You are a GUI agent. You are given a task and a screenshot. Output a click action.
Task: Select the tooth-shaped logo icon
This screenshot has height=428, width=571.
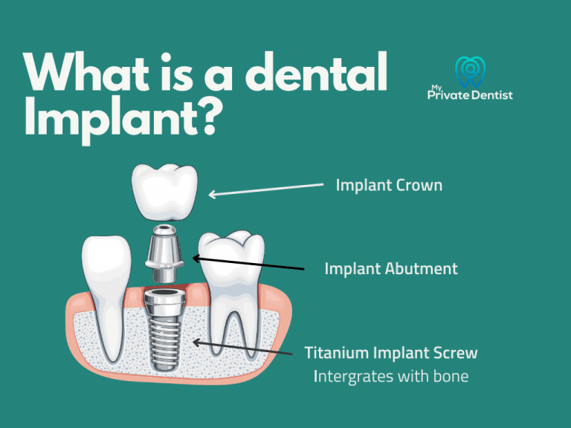click(470, 70)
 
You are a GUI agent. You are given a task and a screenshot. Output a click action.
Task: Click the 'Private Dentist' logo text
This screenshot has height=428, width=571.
click(471, 94)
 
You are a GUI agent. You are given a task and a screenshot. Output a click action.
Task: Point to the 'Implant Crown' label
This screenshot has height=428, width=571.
click(389, 184)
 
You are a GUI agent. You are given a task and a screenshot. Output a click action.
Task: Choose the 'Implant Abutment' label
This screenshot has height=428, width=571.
click(391, 268)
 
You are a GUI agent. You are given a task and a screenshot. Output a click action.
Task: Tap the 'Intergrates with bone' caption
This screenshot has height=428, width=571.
click(391, 376)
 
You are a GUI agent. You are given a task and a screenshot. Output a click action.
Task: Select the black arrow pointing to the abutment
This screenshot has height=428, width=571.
click(248, 263)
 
